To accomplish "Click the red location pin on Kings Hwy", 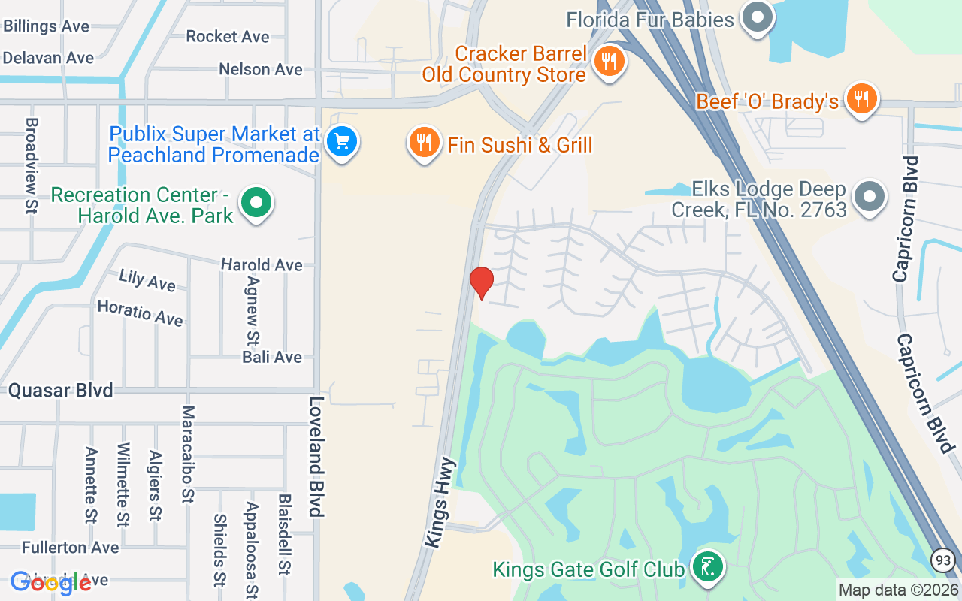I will point(481,282).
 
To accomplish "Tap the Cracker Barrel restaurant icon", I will point(609,61).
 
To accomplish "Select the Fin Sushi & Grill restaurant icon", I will point(424,142).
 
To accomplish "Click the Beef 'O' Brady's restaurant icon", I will point(861,98).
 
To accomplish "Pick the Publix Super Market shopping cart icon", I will point(342,140).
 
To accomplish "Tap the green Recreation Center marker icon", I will point(256,202).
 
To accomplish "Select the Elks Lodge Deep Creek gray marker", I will point(870,197).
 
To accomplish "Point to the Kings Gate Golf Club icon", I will point(706,566).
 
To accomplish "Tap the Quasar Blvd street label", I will point(60,391).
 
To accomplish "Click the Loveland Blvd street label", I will point(316,456).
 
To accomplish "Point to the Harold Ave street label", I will point(262,265).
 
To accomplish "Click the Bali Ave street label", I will point(272,357).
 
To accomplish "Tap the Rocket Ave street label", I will point(227,36).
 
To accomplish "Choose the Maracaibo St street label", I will point(187,454).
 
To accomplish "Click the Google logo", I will point(50,584).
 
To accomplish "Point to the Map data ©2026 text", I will point(898,590).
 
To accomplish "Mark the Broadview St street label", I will point(32,165).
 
